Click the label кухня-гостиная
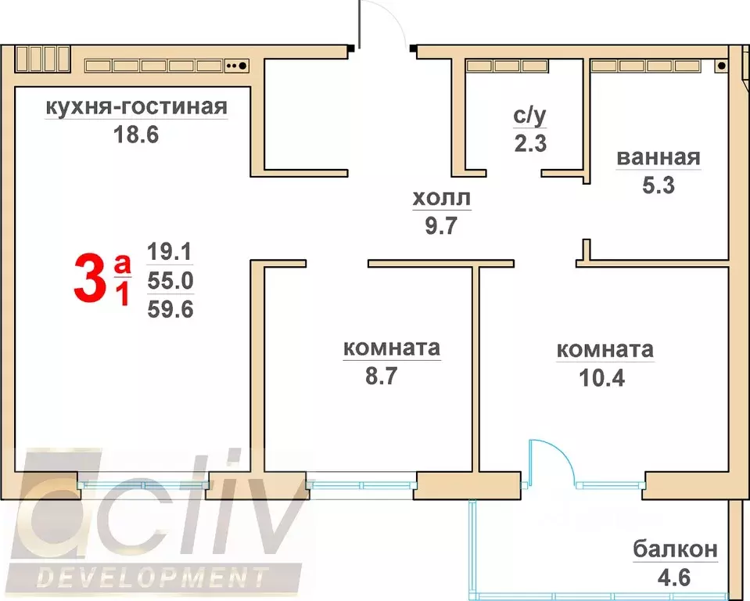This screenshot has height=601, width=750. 136,106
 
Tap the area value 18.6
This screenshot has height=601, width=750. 136,135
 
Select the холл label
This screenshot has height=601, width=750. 443,199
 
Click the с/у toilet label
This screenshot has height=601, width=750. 529,116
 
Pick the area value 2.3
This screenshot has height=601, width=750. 529,144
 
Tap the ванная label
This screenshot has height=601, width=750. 658,157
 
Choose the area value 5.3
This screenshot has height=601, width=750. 658,186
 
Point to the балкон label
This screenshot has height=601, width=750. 675,550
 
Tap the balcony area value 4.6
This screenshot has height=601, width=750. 675,580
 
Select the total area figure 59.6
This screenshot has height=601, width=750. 170,309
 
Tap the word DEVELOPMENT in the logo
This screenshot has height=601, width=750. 153,579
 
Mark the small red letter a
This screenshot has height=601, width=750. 122,265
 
